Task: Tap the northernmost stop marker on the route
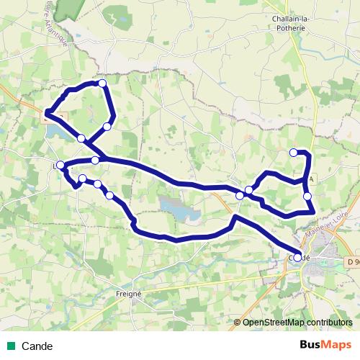tap(102, 84)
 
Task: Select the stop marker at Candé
tap(298, 257)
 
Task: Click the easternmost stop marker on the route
tap(307, 196)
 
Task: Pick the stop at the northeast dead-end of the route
tap(293, 152)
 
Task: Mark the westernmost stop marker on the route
tap(60, 166)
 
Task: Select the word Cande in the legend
tap(37, 346)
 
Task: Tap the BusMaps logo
tap(325, 345)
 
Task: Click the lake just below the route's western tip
tap(58, 132)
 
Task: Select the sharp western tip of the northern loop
tap(47, 112)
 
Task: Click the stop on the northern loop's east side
tap(107, 127)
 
